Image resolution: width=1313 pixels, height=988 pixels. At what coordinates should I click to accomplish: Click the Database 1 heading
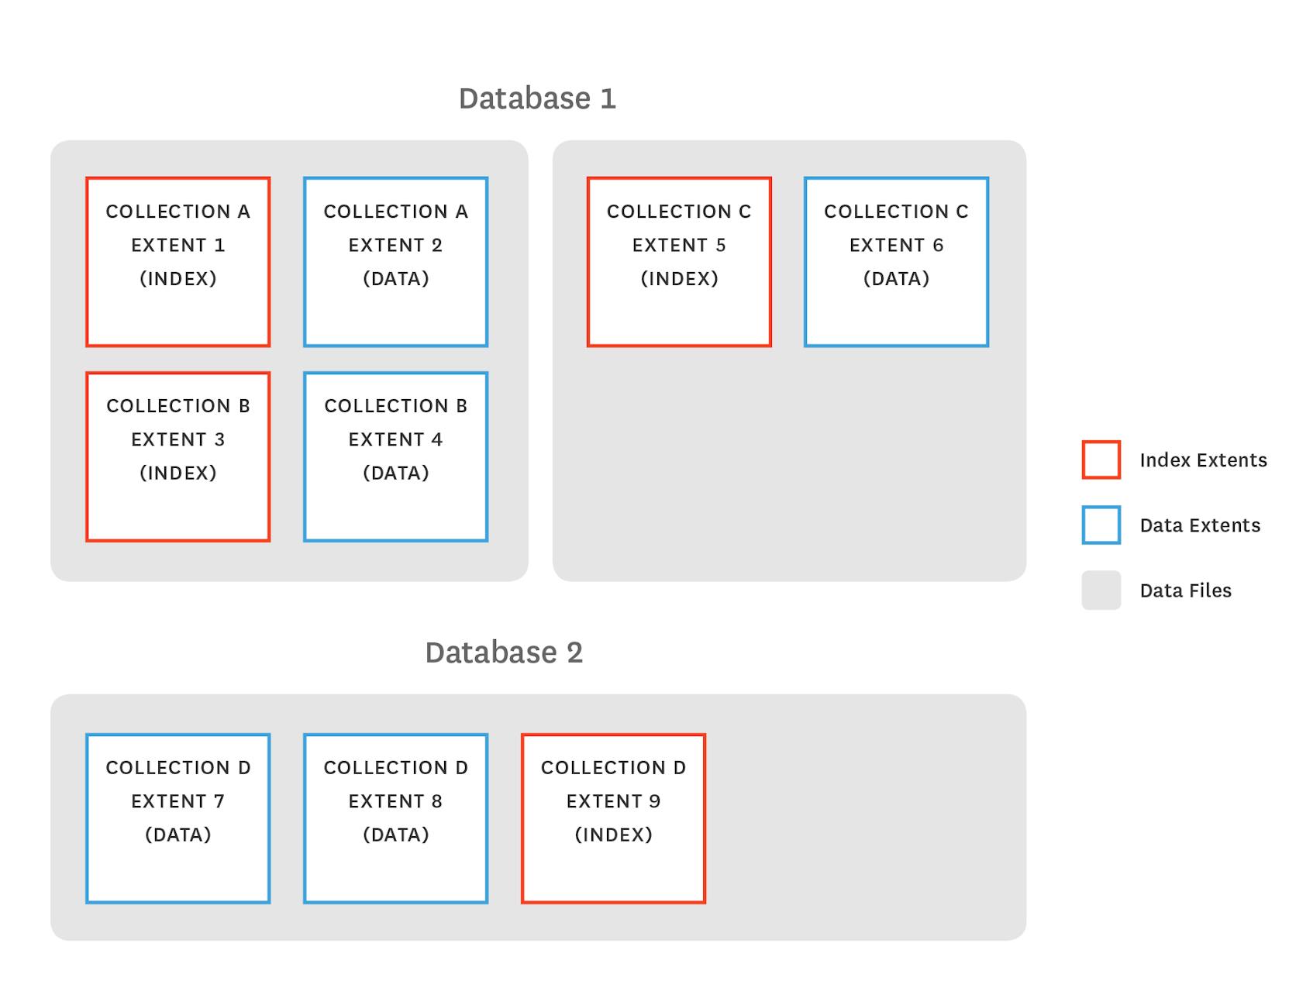[537, 98]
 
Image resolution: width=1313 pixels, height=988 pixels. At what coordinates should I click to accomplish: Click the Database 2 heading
[503, 652]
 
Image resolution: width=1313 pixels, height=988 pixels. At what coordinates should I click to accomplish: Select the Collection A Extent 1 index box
[177, 262]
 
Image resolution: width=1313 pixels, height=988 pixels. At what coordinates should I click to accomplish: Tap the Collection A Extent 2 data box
[395, 262]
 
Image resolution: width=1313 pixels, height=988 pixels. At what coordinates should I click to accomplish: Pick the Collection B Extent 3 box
[177, 456]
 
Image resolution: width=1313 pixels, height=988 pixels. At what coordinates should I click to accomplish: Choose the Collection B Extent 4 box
[395, 456]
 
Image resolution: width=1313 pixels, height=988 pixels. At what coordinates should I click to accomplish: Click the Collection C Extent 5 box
[679, 262]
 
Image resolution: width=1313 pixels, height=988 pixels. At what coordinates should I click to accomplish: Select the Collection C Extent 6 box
[896, 262]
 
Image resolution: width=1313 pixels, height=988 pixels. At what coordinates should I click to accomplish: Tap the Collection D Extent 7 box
[177, 818]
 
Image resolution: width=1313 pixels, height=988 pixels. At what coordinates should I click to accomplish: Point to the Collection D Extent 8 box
[395, 818]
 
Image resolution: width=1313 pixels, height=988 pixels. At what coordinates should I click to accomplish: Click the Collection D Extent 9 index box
[613, 818]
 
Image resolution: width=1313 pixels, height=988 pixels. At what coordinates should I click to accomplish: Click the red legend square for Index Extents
[1101, 460]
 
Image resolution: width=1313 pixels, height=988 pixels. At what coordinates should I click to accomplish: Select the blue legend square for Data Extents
[1101, 525]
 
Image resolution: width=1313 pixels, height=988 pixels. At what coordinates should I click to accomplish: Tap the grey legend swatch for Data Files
[1101, 590]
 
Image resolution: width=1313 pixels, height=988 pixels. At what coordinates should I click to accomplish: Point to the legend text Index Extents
[1203, 460]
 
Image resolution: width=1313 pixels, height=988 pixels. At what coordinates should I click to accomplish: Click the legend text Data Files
[1185, 590]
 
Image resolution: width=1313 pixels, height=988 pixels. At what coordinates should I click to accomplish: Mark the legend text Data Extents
[1200, 525]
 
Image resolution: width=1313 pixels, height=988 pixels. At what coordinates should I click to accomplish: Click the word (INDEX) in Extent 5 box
[679, 278]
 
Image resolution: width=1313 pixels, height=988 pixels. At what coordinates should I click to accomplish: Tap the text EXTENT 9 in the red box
[613, 800]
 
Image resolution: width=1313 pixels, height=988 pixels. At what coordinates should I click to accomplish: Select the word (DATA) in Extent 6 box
[896, 278]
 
